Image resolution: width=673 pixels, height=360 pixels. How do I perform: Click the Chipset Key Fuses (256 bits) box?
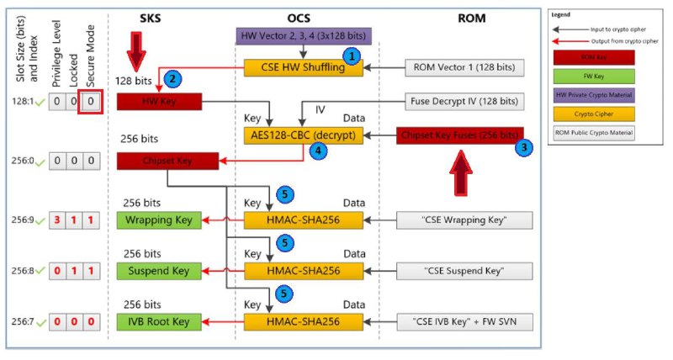[x=459, y=135]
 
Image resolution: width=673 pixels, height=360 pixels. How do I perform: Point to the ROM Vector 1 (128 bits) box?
[x=465, y=68]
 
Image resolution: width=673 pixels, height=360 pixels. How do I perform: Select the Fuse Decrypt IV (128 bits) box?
[x=465, y=102]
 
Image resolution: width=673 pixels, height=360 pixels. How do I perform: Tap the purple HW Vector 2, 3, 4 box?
[x=304, y=36]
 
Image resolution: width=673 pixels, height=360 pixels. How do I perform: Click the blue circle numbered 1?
[x=353, y=55]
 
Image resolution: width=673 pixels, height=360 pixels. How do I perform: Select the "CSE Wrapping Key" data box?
[x=465, y=220]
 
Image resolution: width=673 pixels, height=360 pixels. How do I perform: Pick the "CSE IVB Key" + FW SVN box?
[x=465, y=321]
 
